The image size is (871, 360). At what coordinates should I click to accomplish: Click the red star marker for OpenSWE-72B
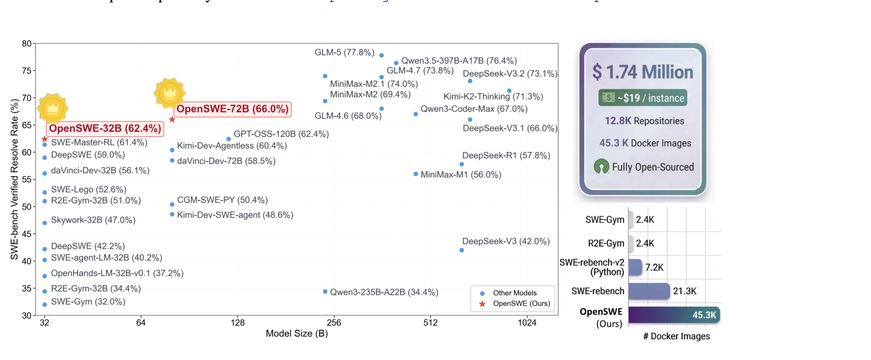[172, 119]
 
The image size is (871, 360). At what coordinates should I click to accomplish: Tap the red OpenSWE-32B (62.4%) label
[105, 128]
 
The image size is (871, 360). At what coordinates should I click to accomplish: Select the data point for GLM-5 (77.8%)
[381, 55]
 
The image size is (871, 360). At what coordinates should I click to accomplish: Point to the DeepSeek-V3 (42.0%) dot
[461, 250]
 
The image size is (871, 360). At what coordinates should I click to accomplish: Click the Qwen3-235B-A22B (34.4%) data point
[325, 292]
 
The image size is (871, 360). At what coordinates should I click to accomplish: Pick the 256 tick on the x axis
[334, 323]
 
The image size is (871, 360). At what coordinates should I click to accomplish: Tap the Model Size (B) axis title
[297, 334]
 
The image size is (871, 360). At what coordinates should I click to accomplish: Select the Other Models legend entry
[513, 293]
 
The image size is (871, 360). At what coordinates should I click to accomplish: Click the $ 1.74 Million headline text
[642, 72]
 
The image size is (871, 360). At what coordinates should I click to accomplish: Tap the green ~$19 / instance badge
[642, 97]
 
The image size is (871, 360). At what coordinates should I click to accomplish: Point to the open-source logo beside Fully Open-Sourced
[601, 167]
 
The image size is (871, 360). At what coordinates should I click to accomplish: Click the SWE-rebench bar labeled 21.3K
[649, 291]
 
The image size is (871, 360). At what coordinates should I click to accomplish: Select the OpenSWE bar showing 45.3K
[673, 315]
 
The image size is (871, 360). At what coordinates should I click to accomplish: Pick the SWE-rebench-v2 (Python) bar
[635, 267]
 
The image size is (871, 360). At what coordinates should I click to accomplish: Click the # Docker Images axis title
[676, 336]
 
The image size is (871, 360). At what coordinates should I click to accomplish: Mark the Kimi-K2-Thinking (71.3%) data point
[509, 90]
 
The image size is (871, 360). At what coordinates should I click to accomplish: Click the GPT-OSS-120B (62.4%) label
[281, 134]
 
